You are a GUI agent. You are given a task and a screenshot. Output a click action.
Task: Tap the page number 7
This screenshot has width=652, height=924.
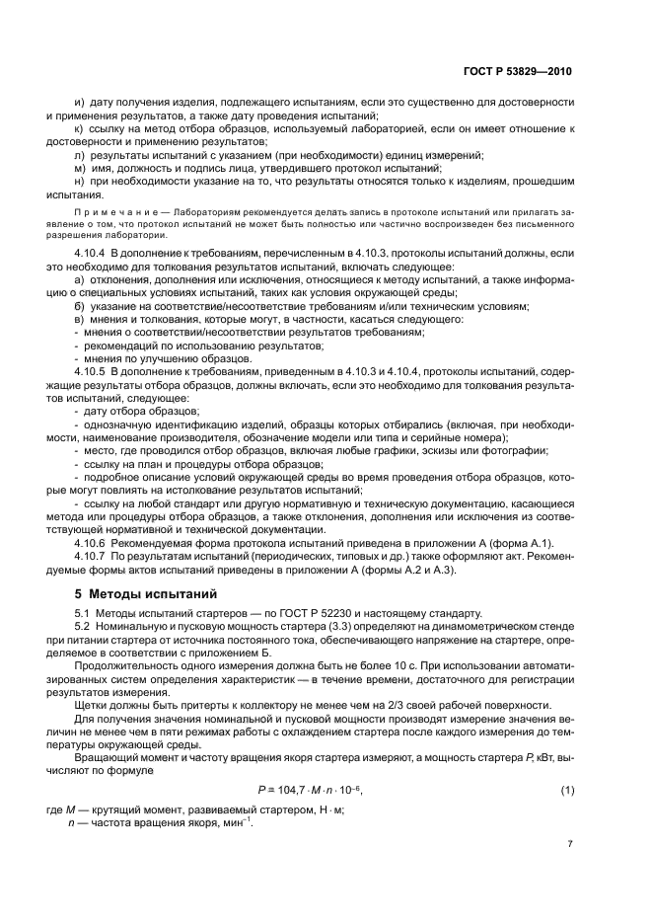pos(570,843)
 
